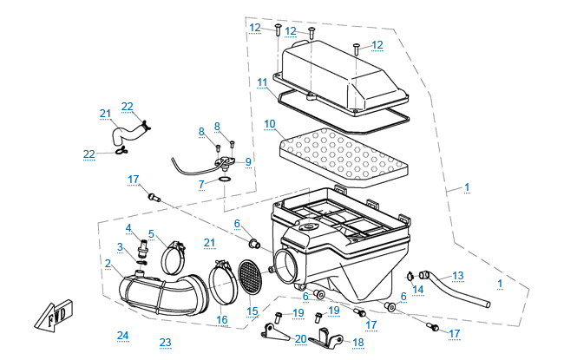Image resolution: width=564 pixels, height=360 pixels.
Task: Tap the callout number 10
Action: pos(270,124)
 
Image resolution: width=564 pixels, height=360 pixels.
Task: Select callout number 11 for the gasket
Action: pos(261,82)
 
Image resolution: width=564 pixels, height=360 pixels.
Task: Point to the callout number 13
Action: pos(458,275)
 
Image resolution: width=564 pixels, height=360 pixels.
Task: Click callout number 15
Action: pos(252,311)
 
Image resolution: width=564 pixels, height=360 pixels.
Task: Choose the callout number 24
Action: pos(122,335)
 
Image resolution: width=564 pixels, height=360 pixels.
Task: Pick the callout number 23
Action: pos(165,342)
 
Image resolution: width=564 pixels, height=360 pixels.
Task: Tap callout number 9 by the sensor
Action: pos(248,161)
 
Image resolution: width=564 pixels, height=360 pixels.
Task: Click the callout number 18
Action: pos(358,343)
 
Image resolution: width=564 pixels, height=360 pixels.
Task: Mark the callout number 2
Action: pos(108,263)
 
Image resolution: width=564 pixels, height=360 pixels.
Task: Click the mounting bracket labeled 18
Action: pos(324,338)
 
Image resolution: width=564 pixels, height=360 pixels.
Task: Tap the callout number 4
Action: pos(128,228)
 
